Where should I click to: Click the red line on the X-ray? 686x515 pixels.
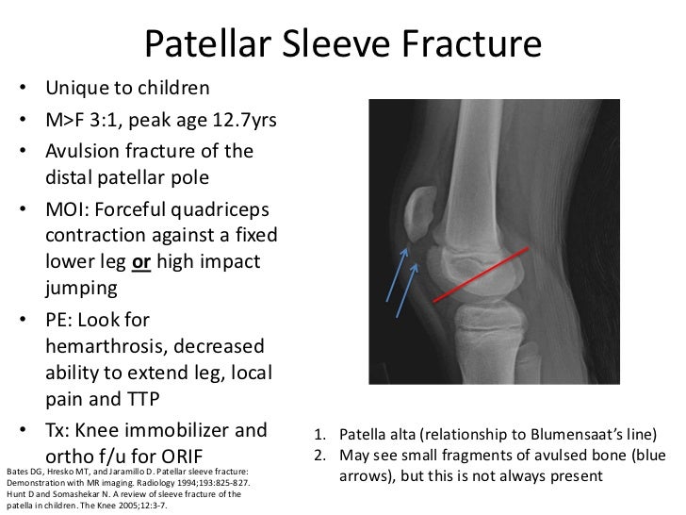(490, 268)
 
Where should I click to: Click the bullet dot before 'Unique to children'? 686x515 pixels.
(23, 91)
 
